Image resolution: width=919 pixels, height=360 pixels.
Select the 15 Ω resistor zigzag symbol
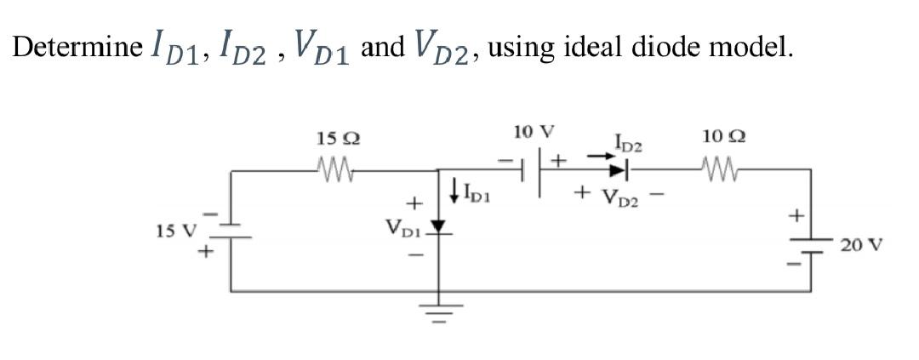[334, 162]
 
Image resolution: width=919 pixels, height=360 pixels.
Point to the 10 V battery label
[534, 133]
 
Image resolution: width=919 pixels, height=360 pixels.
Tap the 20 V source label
[860, 246]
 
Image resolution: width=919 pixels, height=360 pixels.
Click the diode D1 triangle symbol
[439, 227]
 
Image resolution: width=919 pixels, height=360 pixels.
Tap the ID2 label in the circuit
[628, 143]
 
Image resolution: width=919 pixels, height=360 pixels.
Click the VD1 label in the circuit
[402, 228]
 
